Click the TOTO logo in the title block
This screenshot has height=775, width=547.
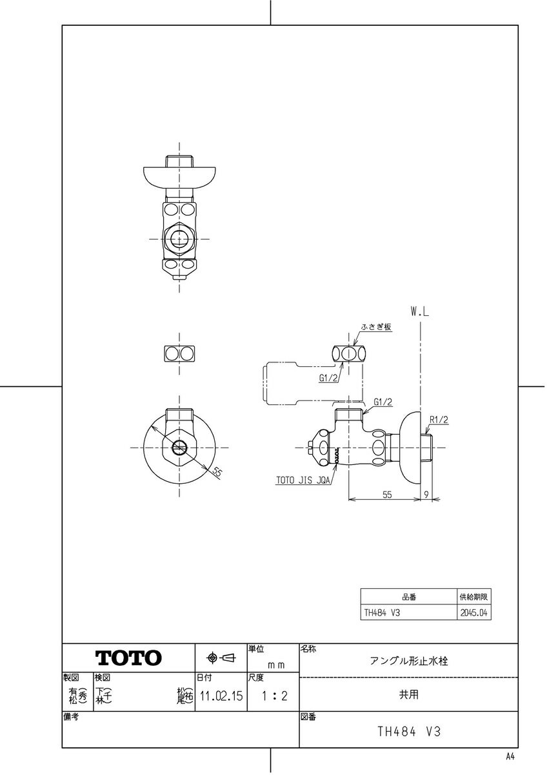[x=129, y=658]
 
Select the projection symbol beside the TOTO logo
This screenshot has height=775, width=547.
[x=221, y=658]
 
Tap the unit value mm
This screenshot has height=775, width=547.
[x=276, y=664]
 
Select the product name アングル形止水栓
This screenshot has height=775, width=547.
[x=409, y=661]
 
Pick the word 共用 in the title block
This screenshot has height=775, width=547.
[x=409, y=695]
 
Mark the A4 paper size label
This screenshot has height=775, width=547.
[x=510, y=756]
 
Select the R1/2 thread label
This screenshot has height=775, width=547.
[x=439, y=419]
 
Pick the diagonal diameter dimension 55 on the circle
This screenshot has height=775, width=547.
[x=217, y=472]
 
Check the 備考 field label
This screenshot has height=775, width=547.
[x=70, y=717]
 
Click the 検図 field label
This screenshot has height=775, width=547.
[x=103, y=677]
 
